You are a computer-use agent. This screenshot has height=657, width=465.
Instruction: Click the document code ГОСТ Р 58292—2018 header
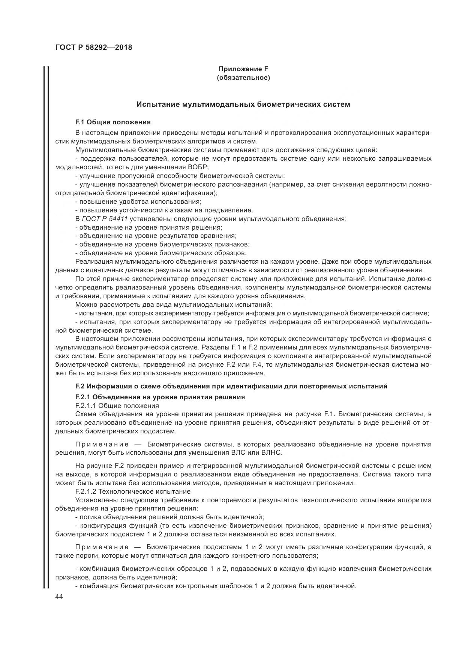coord(93,48)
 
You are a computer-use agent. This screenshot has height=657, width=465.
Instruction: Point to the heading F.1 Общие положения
coord(113,122)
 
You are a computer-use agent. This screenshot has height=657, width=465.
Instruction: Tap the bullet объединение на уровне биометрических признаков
coord(162,244)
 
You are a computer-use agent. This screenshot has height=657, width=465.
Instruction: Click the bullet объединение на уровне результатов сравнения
coord(156,236)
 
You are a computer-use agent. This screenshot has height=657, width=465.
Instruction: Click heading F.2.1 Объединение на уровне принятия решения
coord(160,397)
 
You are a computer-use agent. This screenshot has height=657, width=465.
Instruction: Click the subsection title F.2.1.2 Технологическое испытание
coord(133,491)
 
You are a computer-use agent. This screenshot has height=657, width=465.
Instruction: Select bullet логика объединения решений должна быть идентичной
coord(169,517)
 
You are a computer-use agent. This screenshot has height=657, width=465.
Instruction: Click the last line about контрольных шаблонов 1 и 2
coord(216,586)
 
